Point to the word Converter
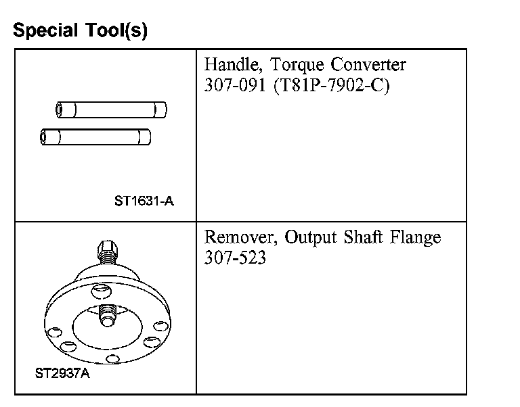(x=368, y=66)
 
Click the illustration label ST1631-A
(x=143, y=200)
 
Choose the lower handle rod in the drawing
(x=95, y=137)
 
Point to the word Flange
(x=418, y=238)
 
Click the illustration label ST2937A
(x=62, y=372)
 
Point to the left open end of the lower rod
(x=45, y=137)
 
